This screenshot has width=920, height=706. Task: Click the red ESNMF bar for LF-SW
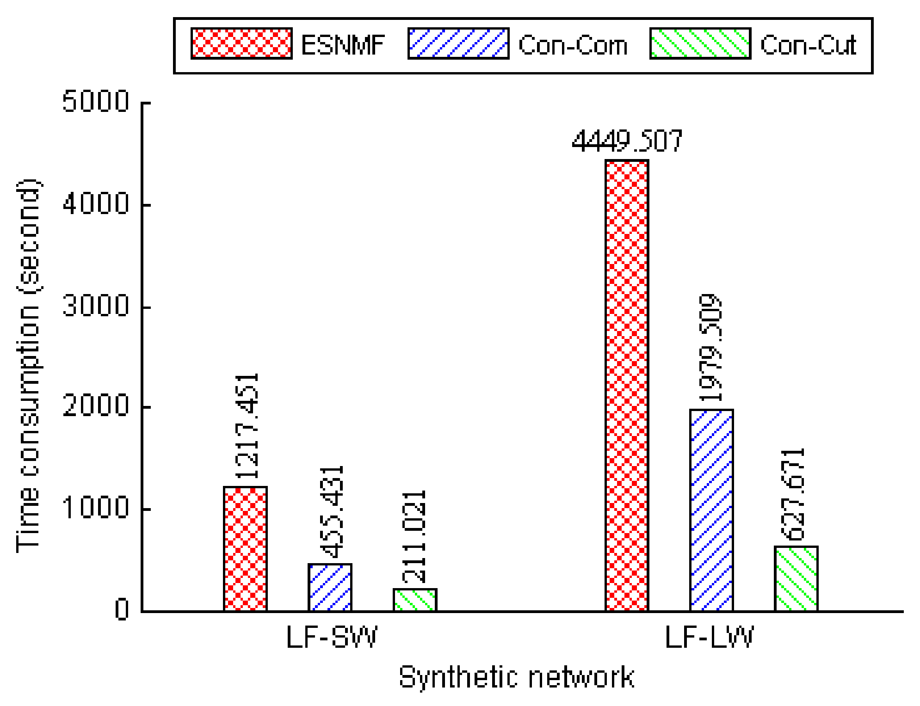coord(245,549)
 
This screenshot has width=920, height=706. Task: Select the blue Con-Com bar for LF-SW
coord(330,587)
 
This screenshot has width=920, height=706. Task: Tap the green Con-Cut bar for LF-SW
coord(414,600)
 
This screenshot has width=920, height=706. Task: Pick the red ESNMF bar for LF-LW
coord(627,386)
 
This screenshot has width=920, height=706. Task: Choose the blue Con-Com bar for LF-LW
coord(711,510)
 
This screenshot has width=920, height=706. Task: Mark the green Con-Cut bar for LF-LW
coord(796,578)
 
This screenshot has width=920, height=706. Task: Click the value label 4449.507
coord(627,141)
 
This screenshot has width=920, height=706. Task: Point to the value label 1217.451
coord(247,425)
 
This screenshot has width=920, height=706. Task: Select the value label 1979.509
coord(710,348)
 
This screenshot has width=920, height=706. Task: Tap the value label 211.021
coord(414,536)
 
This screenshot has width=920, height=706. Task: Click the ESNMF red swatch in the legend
coord(241,43)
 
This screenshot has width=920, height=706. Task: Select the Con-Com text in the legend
coord(573,45)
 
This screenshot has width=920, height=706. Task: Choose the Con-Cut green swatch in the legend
coord(700,43)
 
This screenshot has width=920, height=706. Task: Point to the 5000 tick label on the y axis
coord(96,101)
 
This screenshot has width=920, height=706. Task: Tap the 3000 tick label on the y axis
coord(96,306)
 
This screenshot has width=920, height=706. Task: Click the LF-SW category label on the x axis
coord(332,638)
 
